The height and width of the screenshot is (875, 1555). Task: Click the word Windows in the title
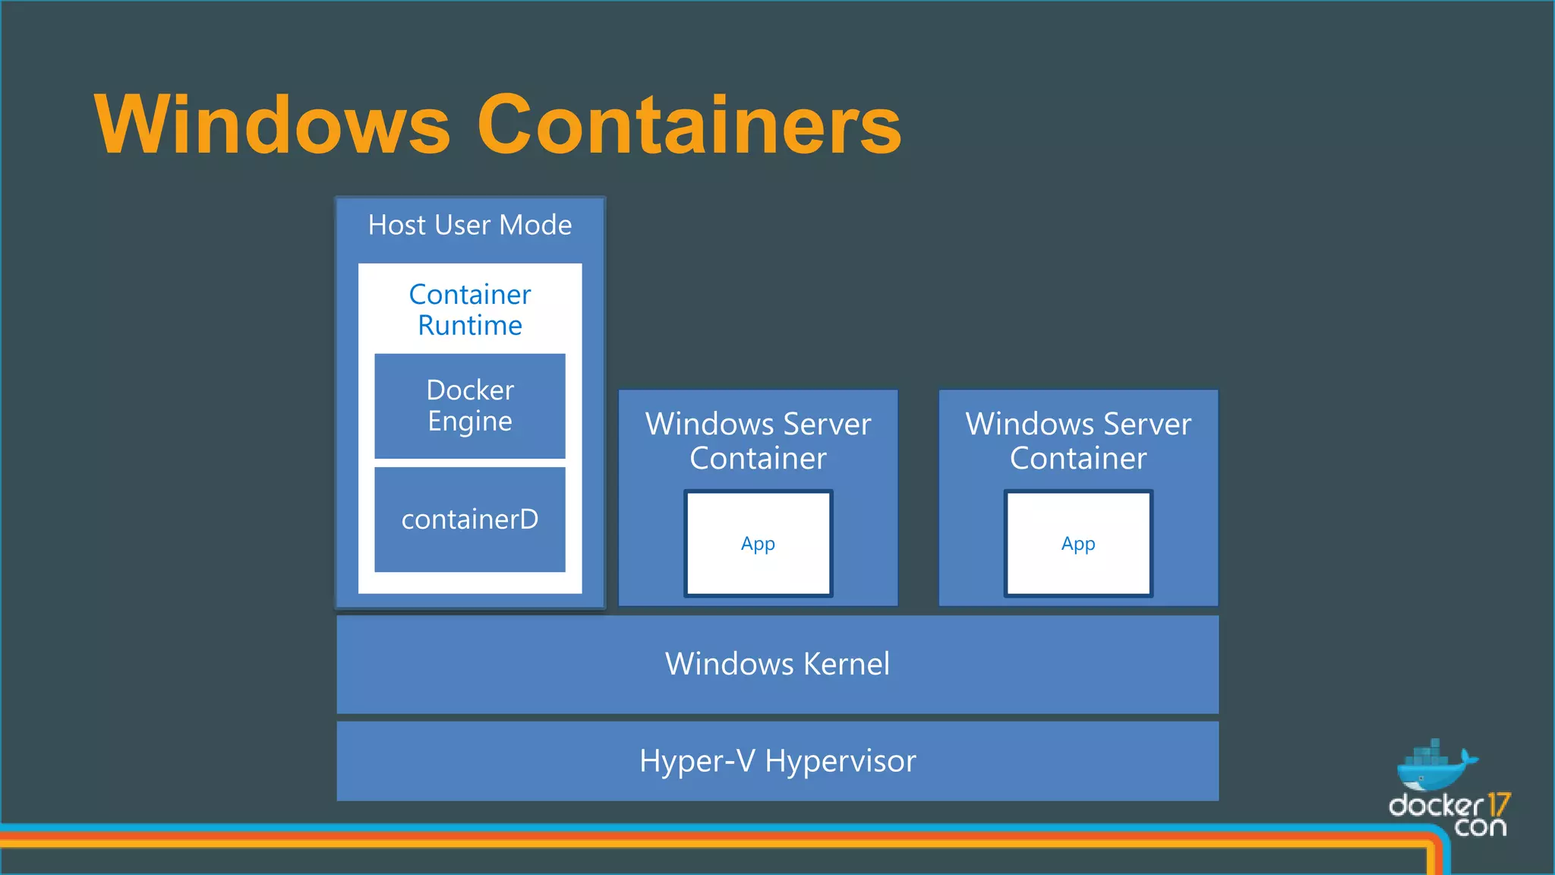coord(272,125)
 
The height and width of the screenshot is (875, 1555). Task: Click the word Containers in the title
coord(689,125)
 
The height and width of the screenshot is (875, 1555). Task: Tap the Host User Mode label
coord(470,226)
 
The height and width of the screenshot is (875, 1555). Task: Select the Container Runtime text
coord(470,310)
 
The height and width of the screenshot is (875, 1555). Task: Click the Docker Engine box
coord(470,406)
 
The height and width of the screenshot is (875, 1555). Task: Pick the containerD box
coord(470,520)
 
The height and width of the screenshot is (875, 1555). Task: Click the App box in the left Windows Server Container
coord(758,544)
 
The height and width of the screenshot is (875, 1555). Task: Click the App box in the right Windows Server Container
coord(1078,544)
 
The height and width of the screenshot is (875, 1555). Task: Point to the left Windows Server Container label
coord(758,441)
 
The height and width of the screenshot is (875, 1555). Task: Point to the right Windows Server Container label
coord(1078,441)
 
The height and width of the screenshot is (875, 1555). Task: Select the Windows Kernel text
coord(777,664)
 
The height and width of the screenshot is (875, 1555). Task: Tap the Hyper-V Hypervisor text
coord(777,761)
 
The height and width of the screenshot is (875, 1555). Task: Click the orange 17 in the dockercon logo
coord(1499,805)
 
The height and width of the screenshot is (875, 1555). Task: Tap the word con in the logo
coord(1480,826)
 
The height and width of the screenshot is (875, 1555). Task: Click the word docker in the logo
coord(1435,805)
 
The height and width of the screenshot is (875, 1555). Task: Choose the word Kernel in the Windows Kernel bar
coord(846,664)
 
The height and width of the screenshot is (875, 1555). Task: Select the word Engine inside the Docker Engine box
coord(470,422)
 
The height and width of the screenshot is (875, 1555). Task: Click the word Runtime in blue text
coord(470,326)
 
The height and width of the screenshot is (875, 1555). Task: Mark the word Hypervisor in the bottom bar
coord(840,761)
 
